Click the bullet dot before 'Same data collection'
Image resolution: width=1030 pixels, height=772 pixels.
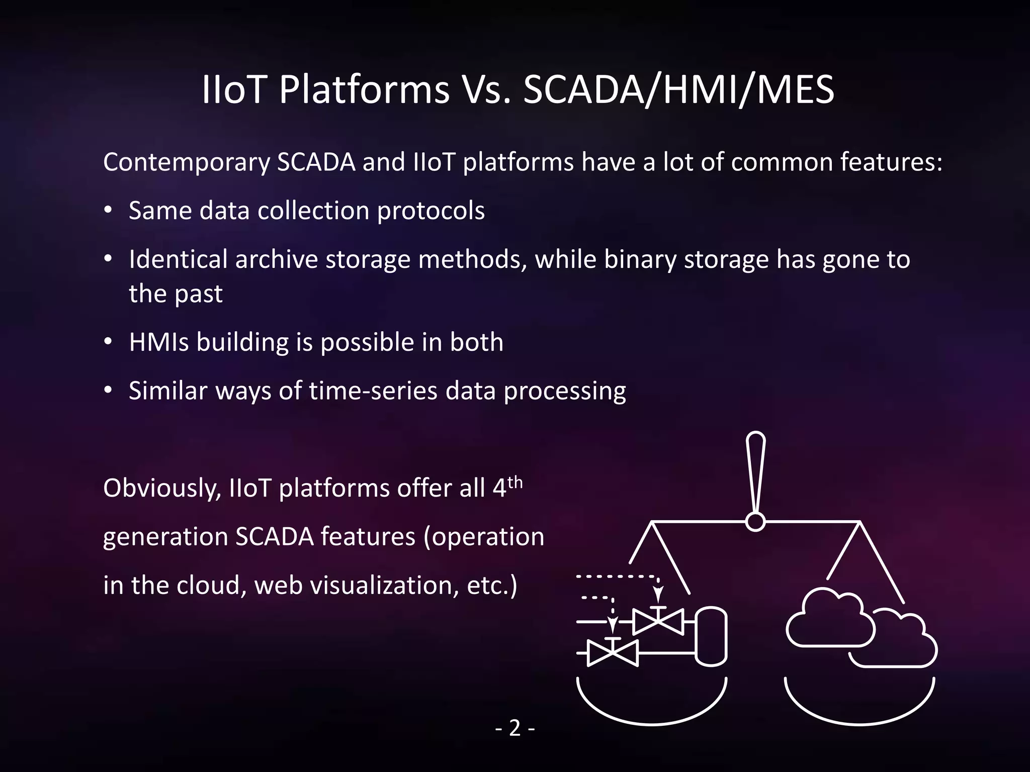click(108, 211)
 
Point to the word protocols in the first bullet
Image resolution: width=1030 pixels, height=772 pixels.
click(431, 211)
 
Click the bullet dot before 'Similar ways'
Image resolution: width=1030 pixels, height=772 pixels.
click(108, 391)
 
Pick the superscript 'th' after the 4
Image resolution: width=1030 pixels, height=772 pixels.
click(515, 482)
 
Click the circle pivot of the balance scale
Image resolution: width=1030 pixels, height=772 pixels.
click(755, 522)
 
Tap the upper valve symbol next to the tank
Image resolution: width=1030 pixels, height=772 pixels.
click(657, 622)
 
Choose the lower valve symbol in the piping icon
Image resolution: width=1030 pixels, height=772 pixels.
click(613, 653)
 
